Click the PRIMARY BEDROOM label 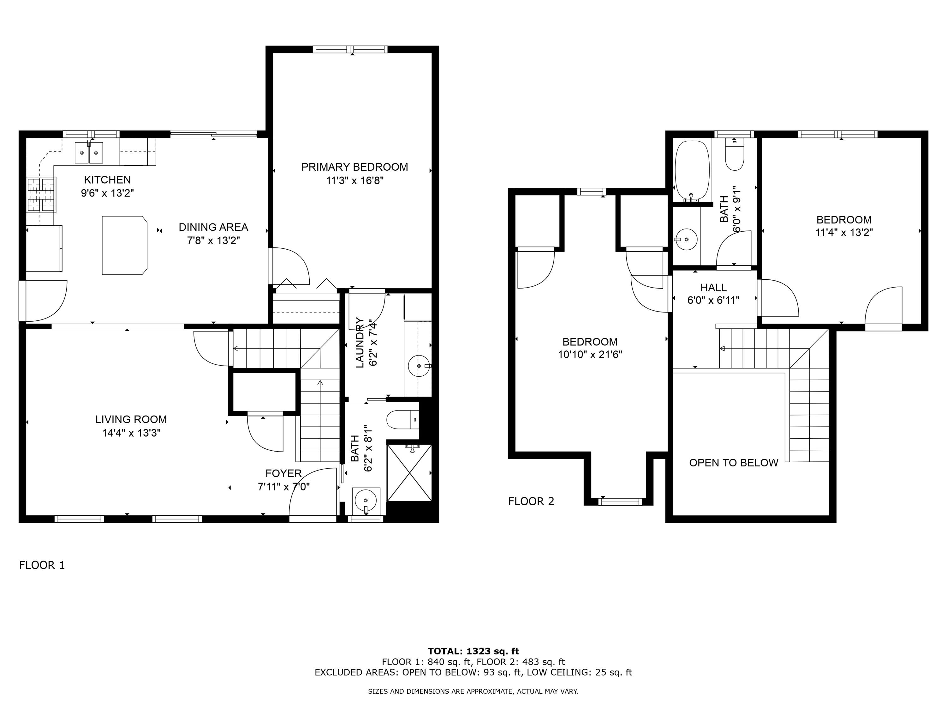tap(354, 167)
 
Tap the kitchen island tap(124, 245)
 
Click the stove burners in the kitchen tap(42, 195)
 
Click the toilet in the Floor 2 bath tap(735, 156)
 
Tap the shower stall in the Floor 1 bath tap(409, 473)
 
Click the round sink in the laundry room tap(418, 366)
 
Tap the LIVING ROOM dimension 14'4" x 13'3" tap(131, 433)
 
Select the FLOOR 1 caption tap(42, 565)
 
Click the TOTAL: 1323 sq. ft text tap(473, 651)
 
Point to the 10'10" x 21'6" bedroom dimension tap(590, 355)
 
